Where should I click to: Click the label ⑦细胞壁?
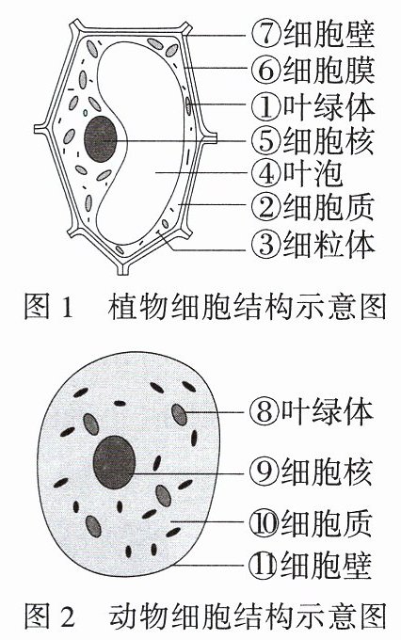313,34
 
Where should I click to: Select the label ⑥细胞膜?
313,70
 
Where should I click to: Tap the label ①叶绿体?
313,106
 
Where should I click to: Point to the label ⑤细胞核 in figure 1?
313,140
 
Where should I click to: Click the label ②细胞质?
313,206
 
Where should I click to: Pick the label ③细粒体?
313,244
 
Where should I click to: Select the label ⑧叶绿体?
312,410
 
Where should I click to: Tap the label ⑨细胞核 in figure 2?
312,472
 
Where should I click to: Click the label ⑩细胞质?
312,523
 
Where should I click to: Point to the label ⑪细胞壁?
312,565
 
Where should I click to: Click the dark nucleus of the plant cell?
101,138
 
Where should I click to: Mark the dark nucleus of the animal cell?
114,461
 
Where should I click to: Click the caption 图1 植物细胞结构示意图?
205,306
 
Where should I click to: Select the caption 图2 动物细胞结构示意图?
205,615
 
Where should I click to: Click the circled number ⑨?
264,472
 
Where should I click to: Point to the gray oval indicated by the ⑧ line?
179,414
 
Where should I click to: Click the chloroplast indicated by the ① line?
188,105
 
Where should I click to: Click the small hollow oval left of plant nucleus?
86,112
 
